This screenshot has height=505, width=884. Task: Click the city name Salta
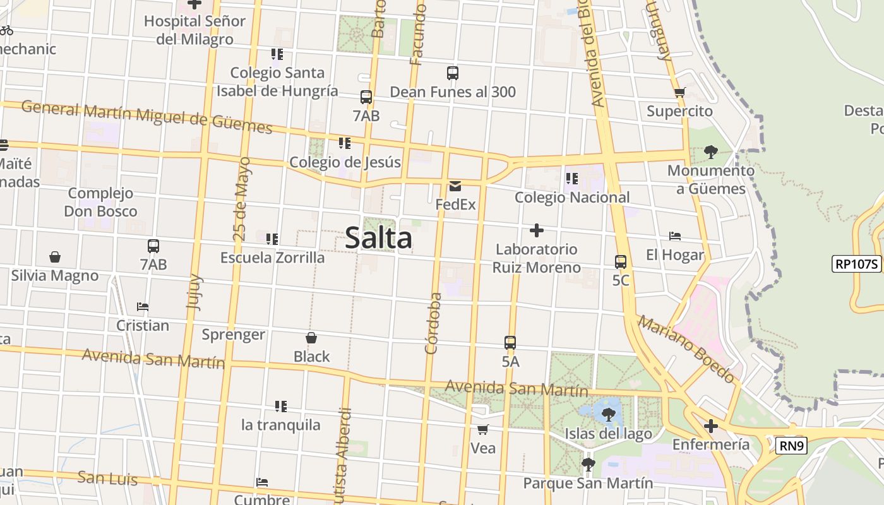click(379, 238)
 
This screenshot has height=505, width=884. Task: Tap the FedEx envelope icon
click(455, 186)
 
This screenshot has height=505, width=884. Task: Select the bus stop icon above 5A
click(510, 343)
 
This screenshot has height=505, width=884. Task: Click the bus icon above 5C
click(620, 261)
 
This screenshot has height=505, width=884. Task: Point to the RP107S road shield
click(857, 264)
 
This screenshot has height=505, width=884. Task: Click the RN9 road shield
click(792, 446)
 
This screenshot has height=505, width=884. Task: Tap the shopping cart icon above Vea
click(482, 430)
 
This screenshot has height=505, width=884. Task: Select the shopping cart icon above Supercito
click(679, 93)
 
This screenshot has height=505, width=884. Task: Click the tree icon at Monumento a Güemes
click(710, 151)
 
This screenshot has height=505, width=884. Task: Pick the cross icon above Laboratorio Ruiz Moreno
click(536, 230)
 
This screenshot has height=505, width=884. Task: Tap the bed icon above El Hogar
click(674, 237)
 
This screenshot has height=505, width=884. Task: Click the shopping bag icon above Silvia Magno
click(55, 257)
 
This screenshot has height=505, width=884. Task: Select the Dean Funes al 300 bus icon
click(452, 73)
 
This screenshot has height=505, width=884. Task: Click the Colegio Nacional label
click(572, 198)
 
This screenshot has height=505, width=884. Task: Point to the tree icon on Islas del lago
click(608, 415)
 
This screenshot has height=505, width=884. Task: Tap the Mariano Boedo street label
click(686, 349)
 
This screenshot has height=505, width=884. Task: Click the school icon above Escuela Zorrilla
click(272, 239)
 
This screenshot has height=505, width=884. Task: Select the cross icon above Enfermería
click(710, 426)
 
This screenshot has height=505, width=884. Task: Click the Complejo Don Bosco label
click(100, 202)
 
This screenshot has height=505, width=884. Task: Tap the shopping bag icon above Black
click(311, 338)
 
